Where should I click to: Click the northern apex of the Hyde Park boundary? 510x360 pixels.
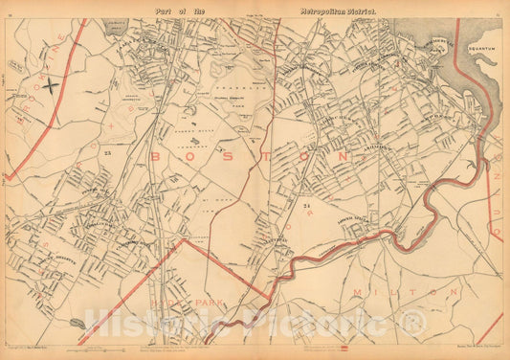[x=181, y=239]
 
